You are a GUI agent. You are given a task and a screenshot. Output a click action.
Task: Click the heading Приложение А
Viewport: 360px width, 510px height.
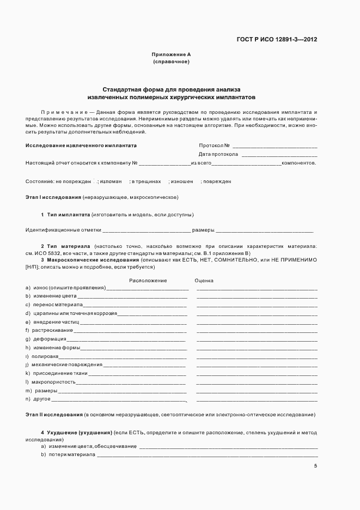coord(171,54)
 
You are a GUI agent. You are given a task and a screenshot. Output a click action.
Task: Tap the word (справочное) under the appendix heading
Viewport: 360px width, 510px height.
coord(171,62)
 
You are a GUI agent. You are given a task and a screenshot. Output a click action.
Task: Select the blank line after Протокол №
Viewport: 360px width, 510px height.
coord(274,146)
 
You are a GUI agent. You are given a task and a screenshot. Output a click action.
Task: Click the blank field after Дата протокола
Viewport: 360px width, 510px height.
coord(279,154)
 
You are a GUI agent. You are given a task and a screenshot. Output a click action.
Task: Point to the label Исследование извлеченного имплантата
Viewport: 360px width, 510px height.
coord(81,146)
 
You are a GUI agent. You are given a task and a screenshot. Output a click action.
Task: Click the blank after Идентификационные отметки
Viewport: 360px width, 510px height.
coord(147,230)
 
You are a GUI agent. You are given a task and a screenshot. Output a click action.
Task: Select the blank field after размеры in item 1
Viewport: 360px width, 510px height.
coord(265,230)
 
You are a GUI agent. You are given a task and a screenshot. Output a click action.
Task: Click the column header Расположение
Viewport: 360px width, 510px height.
coord(148,281)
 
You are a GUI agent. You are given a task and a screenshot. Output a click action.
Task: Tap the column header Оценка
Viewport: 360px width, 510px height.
coord(204,281)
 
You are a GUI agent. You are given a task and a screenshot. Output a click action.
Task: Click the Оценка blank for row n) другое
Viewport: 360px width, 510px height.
coord(257,400)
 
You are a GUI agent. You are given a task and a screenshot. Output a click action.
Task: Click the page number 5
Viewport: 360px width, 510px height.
coord(315,466)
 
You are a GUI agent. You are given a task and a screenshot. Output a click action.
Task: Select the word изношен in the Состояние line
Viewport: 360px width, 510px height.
coord(182,181)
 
